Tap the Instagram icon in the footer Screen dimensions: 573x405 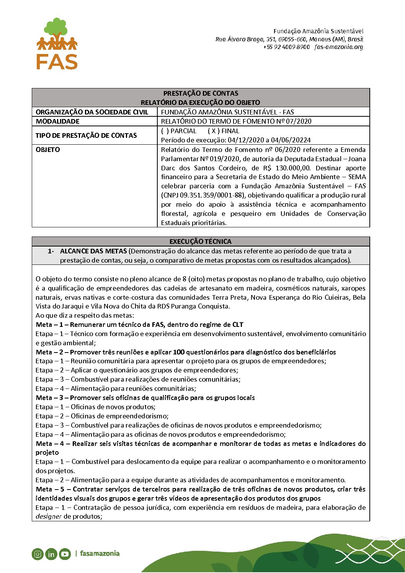[38, 554]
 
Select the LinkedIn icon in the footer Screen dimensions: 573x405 [51, 554]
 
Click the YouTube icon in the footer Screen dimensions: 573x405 [65, 554]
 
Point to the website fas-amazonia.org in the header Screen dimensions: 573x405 [339, 47]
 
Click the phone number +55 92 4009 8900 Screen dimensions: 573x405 [286, 47]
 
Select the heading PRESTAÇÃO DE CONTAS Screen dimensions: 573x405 [201, 93]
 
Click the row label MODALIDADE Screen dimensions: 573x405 [58, 121]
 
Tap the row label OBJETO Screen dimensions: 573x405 [48, 150]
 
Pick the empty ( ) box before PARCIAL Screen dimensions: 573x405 [165, 131]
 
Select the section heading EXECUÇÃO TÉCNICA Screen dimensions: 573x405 [201, 242]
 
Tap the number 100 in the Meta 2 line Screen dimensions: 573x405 [179, 352]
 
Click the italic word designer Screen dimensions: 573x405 [49, 517]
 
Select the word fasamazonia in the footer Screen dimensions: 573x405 [100, 553]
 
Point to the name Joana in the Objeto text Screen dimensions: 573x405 [356, 159]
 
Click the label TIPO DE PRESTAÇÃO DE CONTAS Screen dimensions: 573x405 [86, 135]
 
